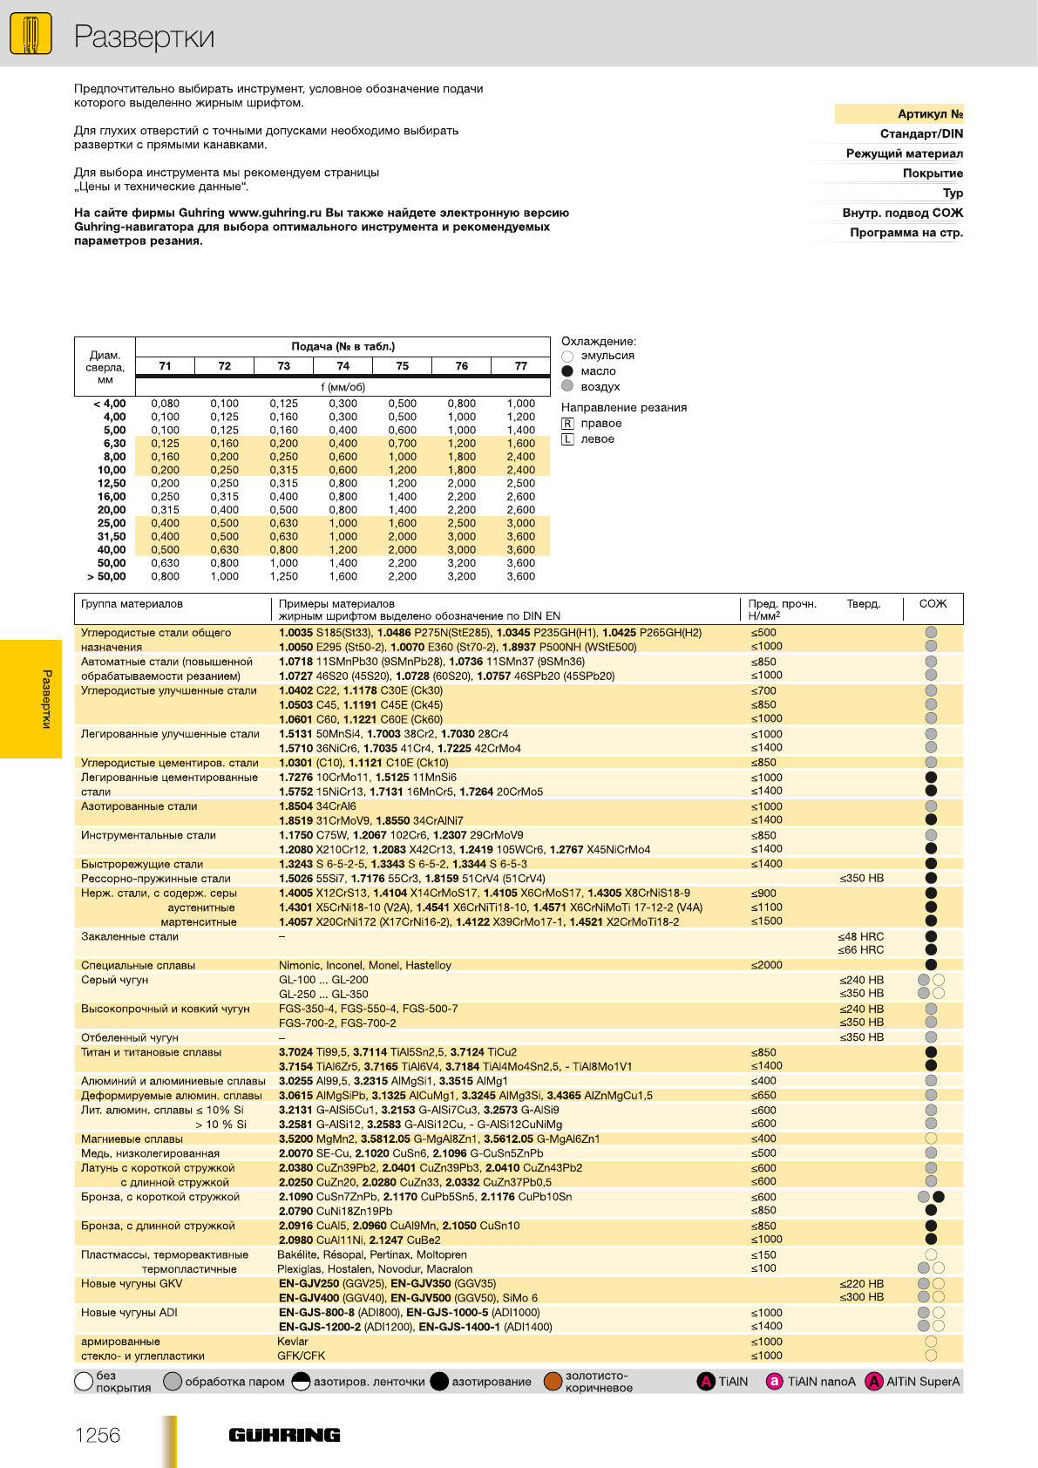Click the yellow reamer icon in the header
(x=31, y=35)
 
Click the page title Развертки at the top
(x=144, y=37)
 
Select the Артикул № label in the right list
(x=930, y=114)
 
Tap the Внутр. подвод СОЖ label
(x=902, y=213)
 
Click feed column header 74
(x=343, y=366)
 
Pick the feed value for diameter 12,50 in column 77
(x=521, y=483)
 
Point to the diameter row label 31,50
(x=112, y=537)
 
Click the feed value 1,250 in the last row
(x=284, y=576)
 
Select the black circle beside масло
(x=568, y=371)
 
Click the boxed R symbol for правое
(x=568, y=424)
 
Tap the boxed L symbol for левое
(x=568, y=439)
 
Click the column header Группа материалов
(x=132, y=604)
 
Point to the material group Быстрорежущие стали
(x=142, y=864)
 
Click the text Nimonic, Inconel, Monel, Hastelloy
(x=365, y=965)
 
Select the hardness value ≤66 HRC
(x=861, y=950)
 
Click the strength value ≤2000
(x=767, y=965)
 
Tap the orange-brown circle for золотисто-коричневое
(x=553, y=1382)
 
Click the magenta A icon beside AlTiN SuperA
(x=873, y=1382)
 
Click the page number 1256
(x=98, y=1436)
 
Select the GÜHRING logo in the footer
(x=284, y=1435)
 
